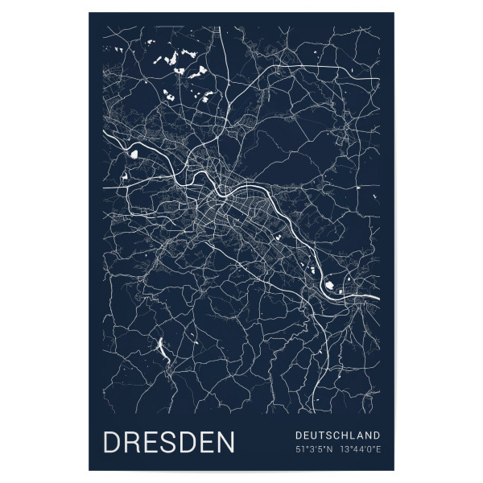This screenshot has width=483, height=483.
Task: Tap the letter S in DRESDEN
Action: [178, 443]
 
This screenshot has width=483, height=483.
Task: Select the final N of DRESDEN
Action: [225, 443]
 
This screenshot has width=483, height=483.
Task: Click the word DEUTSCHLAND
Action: [337, 435]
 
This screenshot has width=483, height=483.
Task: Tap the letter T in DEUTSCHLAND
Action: [321, 435]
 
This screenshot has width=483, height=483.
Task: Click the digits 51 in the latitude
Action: [300, 448]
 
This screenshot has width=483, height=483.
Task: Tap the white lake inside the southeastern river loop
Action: [330, 283]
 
